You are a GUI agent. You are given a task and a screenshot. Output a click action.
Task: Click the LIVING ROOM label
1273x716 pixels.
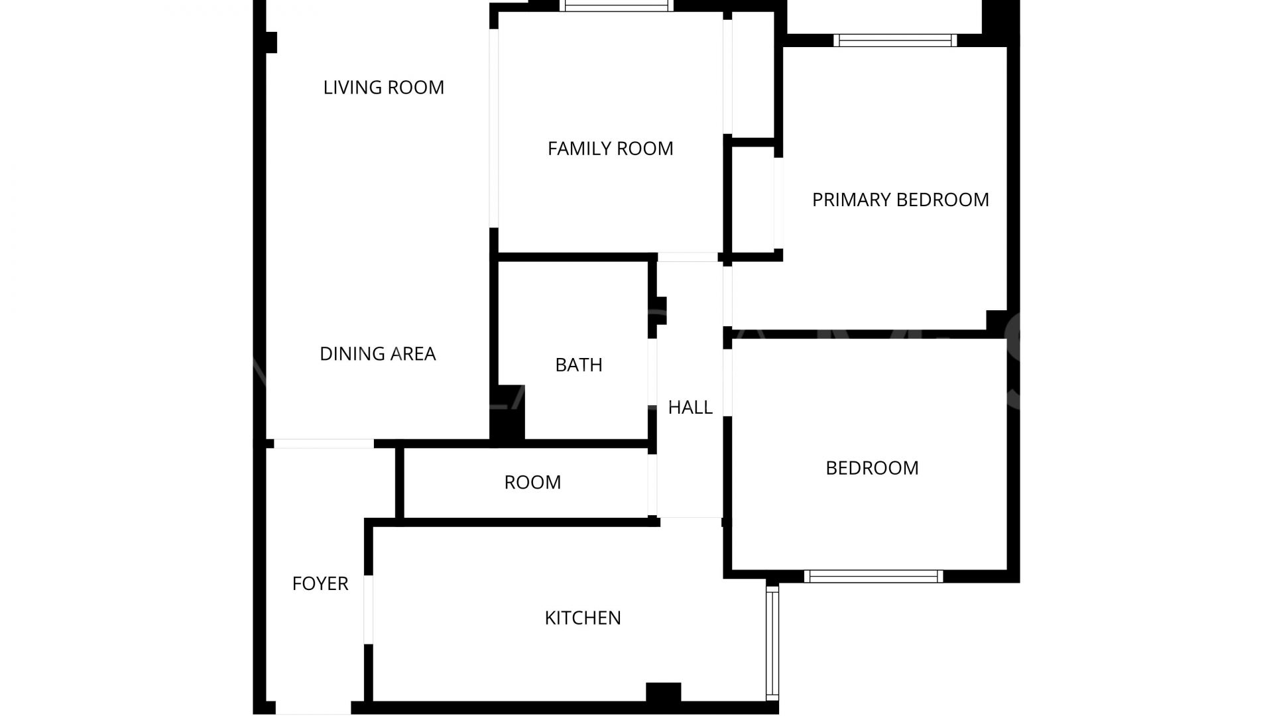383,88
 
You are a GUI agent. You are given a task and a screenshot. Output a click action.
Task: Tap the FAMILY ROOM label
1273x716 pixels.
610,149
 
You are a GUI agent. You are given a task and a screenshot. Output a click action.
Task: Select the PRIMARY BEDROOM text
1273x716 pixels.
900,200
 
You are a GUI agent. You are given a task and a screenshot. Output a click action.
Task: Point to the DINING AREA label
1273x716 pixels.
377,354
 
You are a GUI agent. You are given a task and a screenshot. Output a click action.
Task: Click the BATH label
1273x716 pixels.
579,365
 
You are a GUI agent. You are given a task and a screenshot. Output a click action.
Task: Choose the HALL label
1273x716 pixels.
690,407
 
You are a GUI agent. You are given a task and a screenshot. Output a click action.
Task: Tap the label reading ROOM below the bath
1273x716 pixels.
532,482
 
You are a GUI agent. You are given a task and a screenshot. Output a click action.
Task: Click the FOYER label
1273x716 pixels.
320,583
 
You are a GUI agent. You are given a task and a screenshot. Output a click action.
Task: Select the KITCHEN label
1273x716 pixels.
583,618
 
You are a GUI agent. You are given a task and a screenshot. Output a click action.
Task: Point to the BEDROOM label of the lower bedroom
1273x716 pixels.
872,468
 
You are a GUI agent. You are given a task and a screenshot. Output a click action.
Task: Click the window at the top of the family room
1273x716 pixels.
616,7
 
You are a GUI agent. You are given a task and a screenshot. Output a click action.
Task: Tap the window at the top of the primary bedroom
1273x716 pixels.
895,40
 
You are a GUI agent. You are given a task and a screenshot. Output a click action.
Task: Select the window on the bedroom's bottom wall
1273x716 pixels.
874,576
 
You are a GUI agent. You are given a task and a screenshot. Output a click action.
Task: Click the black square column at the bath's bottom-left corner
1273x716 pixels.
507,412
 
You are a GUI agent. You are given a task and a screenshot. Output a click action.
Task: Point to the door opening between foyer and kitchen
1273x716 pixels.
369,609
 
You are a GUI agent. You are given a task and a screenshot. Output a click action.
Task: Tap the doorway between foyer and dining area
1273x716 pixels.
324,444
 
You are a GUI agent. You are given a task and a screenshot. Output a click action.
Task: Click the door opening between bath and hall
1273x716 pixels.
652,373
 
